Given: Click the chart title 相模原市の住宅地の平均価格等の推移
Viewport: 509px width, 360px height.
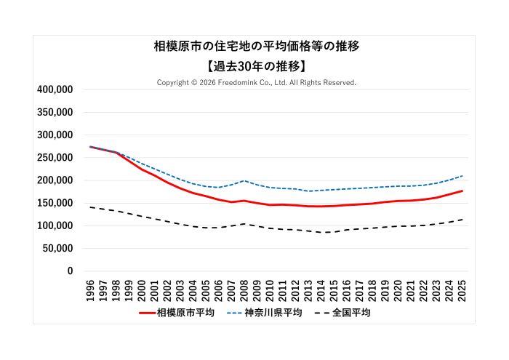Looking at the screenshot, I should tap(256, 47).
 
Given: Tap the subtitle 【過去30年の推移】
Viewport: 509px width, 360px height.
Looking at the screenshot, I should tap(256, 65).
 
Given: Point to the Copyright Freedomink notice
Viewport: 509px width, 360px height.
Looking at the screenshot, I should tap(256, 83).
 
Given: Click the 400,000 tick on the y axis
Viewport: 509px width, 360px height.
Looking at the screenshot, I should tap(55, 89).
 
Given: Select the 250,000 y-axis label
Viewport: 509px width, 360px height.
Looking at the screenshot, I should tap(55, 158).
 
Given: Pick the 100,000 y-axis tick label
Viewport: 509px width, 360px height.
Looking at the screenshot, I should tap(55, 225).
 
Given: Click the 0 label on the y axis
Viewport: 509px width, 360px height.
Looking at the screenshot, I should tap(70, 271).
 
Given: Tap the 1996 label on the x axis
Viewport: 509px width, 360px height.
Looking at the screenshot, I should tap(90, 289).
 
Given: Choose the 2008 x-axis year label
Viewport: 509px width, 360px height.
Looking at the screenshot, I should tap(244, 289).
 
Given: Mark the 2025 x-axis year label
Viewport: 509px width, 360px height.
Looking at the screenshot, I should tap(462, 289).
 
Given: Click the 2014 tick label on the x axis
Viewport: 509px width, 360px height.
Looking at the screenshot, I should tap(321, 289).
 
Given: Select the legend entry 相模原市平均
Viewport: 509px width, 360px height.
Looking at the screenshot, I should tap(185, 313).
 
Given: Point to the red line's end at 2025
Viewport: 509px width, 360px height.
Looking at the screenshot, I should tap(462, 191).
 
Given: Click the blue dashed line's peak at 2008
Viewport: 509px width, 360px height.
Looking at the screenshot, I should tap(244, 180).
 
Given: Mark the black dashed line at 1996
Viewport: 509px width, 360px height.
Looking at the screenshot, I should tap(90, 207).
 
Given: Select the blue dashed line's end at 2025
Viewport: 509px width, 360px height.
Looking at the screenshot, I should tap(462, 175).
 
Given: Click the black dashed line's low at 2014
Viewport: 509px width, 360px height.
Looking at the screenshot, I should tap(321, 232).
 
